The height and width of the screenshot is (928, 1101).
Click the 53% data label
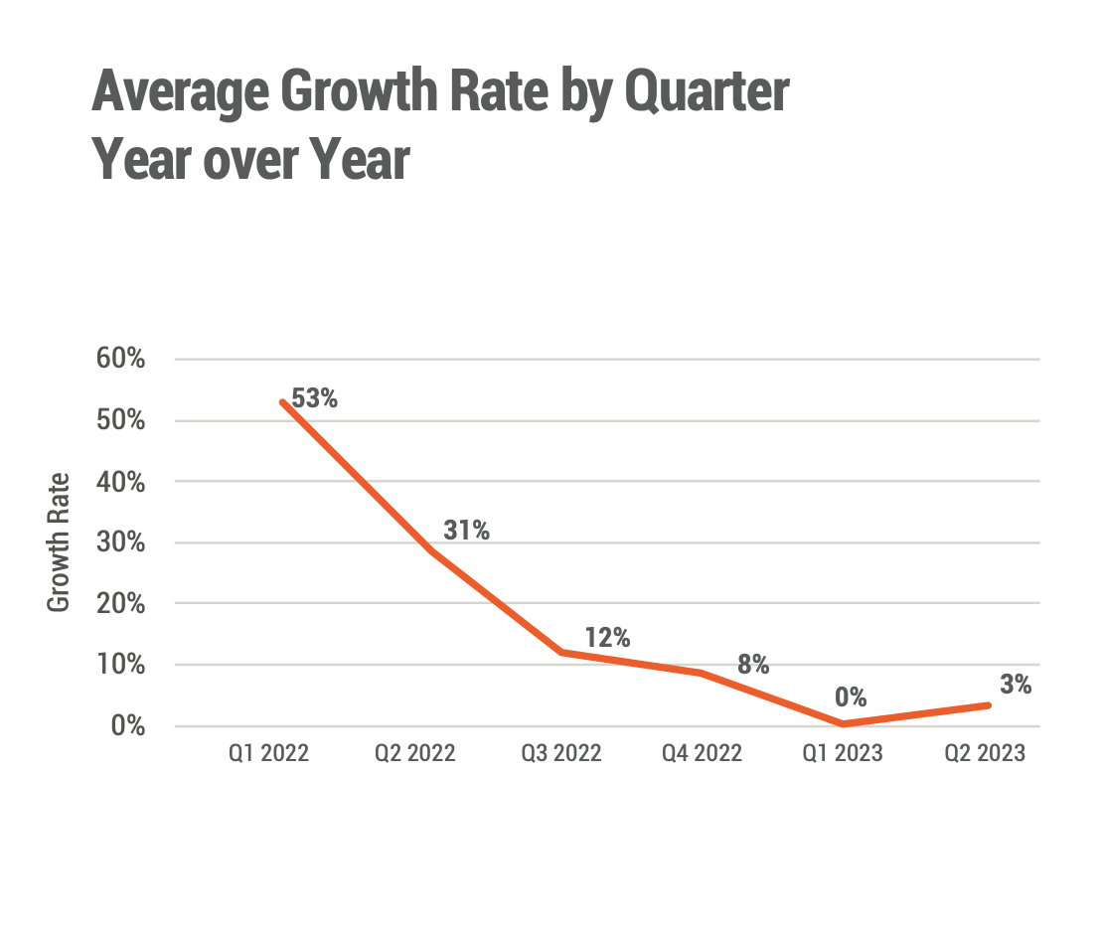(x=315, y=399)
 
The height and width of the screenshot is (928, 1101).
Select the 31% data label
(x=466, y=531)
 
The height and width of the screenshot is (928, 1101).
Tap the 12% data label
(x=607, y=638)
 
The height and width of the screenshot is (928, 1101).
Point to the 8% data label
(x=753, y=665)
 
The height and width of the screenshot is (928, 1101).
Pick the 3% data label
(x=1015, y=685)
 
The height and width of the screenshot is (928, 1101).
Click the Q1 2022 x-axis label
(x=268, y=753)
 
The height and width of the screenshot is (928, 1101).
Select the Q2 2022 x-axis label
(x=414, y=753)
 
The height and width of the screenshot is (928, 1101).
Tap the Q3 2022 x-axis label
(x=561, y=753)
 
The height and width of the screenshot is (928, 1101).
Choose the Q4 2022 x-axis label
(x=702, y=753)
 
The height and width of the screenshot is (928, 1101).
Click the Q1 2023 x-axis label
(x=842, y=753)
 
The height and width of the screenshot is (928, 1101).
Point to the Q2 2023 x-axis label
(x=984, y=753)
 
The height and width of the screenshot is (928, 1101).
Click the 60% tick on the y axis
(x=121, y=360)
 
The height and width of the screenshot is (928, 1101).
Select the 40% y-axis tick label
(x=121, y=482)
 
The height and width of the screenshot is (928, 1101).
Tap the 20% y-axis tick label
(x=121, y=604)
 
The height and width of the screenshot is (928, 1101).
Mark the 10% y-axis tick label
(x=121, y=665)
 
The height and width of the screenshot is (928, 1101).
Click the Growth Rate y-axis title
(x=60, y=542)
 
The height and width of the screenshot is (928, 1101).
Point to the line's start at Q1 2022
(x=283, y=402)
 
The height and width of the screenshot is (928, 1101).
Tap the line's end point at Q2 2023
(x=988, y=705)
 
